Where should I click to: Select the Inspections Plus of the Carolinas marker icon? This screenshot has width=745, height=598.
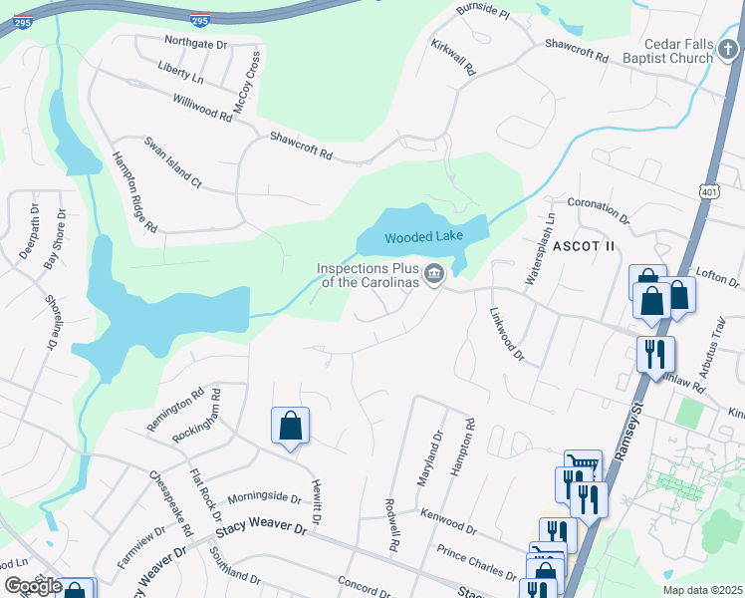tap(434, 274)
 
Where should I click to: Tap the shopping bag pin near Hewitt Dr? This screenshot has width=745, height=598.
tap(290, 426)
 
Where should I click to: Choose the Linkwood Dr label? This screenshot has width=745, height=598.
tap(506, 333)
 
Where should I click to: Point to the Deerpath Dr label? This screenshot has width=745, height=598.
tap(27, 232)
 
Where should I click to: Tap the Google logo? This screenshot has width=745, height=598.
tap(33, 585)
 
